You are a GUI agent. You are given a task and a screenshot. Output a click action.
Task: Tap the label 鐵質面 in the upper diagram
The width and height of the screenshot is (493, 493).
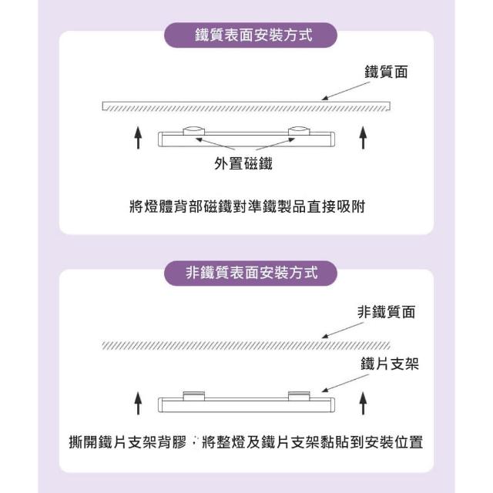tap(386, 72)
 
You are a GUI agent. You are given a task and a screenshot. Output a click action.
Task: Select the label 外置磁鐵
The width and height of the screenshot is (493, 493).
tap(243, 163)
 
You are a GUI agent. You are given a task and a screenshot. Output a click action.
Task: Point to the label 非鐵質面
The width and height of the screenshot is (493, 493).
tap(386, 312)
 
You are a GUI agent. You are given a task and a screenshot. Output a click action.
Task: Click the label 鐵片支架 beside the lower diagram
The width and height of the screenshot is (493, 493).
tap(390, 364)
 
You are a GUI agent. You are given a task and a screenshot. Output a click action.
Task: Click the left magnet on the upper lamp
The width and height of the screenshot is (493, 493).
tap(193, 131)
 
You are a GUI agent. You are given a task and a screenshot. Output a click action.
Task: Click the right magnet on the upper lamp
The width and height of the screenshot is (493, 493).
tap(299, 131)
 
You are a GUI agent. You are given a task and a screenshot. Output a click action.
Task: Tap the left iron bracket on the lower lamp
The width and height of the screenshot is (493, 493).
tap(193, 395)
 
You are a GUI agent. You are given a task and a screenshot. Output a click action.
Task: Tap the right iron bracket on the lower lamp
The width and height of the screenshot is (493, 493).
tap(299, 395)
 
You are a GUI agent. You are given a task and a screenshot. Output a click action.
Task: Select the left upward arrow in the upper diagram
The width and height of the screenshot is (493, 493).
tap(138, 137)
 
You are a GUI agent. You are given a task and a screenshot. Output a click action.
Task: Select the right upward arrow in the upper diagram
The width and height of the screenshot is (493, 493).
tap(363, 137)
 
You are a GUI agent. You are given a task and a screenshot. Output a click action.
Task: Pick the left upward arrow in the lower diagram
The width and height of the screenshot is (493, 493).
tap(138, 403)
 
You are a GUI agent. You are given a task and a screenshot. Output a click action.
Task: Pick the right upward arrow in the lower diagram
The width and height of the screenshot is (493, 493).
tap(363, 403)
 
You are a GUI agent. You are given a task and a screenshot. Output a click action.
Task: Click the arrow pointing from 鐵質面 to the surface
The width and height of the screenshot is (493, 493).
tap(346, 91)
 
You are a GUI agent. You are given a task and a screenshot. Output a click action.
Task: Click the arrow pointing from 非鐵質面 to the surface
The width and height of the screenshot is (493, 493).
tap(343, 330)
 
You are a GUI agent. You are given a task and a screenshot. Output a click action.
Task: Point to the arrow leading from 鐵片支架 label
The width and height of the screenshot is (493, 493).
tap(345, 384)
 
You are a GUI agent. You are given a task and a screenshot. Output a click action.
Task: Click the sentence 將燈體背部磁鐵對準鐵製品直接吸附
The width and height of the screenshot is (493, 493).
tap(247, 206)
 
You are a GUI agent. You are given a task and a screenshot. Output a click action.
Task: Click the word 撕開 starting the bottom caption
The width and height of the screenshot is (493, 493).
tap(83, 441)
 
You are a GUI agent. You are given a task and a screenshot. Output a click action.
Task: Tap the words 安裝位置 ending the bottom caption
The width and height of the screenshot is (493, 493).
tap(394, 441)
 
